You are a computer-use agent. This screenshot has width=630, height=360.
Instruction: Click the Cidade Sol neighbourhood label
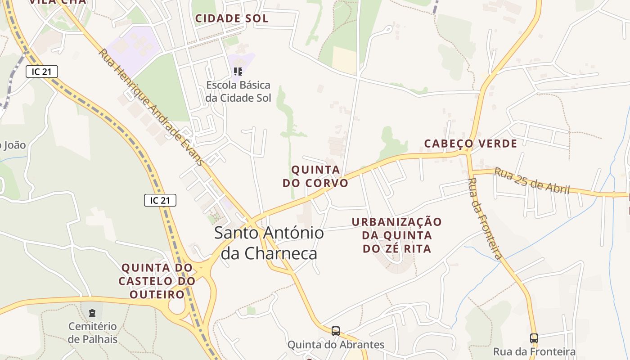pos(231,18)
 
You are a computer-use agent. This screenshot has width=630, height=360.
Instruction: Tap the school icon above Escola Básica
pos(238,71)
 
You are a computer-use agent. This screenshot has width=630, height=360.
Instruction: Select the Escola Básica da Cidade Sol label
pos(238,91)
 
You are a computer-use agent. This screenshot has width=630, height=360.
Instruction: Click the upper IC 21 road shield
pos(42,71)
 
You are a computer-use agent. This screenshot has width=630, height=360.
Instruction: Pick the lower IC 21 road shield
pos(160,200)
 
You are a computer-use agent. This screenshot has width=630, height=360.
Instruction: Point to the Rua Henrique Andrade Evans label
pos(151,107)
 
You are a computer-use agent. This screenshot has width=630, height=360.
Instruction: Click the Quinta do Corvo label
pos(315,176)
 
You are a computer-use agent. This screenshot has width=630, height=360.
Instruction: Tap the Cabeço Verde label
pos(470,144)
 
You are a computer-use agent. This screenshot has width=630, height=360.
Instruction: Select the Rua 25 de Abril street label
pos(532,180)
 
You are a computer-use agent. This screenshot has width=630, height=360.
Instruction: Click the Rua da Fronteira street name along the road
pos(484,218)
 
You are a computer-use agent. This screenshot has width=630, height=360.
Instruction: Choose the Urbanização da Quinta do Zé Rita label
pos(397,235)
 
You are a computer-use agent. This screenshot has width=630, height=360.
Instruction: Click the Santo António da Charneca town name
pos(269,243)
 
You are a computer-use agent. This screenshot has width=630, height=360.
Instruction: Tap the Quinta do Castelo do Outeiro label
pos(157,281)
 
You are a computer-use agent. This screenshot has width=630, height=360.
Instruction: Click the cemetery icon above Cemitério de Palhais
pos(92,313)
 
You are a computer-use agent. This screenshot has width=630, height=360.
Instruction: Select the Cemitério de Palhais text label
pos(92,333)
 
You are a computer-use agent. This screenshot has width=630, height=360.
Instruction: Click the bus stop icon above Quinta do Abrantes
pos(336,331)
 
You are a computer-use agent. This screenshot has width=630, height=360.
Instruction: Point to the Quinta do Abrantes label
pos(336,345)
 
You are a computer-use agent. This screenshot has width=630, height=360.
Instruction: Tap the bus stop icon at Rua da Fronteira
pos(534,338)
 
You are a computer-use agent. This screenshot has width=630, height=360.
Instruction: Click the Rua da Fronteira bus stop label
pos(534,351)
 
